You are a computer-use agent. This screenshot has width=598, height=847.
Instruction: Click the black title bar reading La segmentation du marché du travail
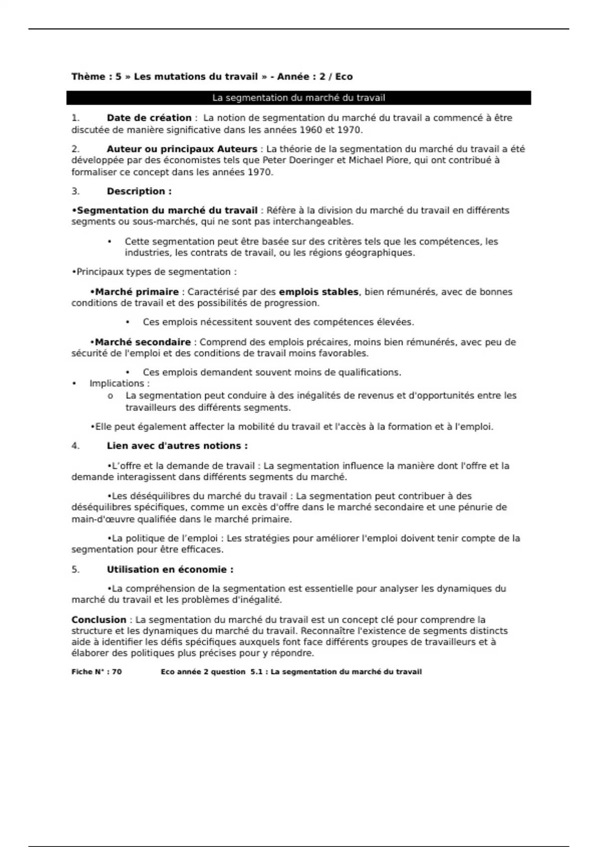(299, 98)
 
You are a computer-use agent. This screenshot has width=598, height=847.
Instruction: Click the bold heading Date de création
(149, 118)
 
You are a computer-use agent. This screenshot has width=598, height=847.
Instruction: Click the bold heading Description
(139, 191)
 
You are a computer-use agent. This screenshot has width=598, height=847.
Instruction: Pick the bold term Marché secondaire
(143, 342)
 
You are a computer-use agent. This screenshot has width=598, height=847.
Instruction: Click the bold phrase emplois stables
(318, 292)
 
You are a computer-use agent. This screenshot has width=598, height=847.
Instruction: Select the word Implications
(119, 384)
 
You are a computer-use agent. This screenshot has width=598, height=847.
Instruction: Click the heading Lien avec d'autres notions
(177, 446)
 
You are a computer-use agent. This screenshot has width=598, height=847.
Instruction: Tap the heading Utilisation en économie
(170, 569)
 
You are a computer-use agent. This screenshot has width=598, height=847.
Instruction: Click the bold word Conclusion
(99, 620)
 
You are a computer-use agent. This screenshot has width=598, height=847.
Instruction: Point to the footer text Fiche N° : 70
(97, 672)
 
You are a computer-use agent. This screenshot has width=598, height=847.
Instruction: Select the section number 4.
(75, 446)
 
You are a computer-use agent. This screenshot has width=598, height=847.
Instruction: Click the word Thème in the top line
(88, 77)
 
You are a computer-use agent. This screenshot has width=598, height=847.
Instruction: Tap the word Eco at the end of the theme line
(344, 77)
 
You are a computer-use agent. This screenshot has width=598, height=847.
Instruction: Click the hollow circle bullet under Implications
(110, 396)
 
